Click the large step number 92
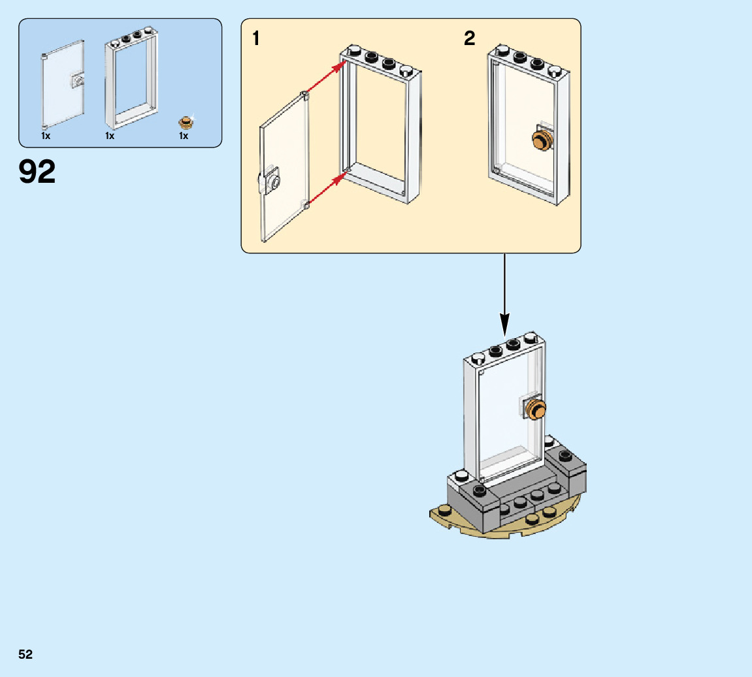click(x=37, y=172)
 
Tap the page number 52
click(x=25, y=654)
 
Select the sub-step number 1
click(x=256, y=39)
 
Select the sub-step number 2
click(x=469, y=39)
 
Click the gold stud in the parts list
click(x=188, y=121)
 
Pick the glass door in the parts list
click(x=62, y=85)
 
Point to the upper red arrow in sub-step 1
click(x=325, y=78)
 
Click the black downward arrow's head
click(x=504, y=323)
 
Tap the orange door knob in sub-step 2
click(x=541, y=139)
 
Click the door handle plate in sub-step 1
click(x=270, y=180)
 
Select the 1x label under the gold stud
click(x=184, y=136)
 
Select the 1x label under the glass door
click(x=46, y=136)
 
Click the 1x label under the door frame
click(x=110, y=136)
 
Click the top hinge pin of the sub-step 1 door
click(x=305, y=95)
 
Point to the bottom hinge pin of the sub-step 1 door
click(x=305, y=206)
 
